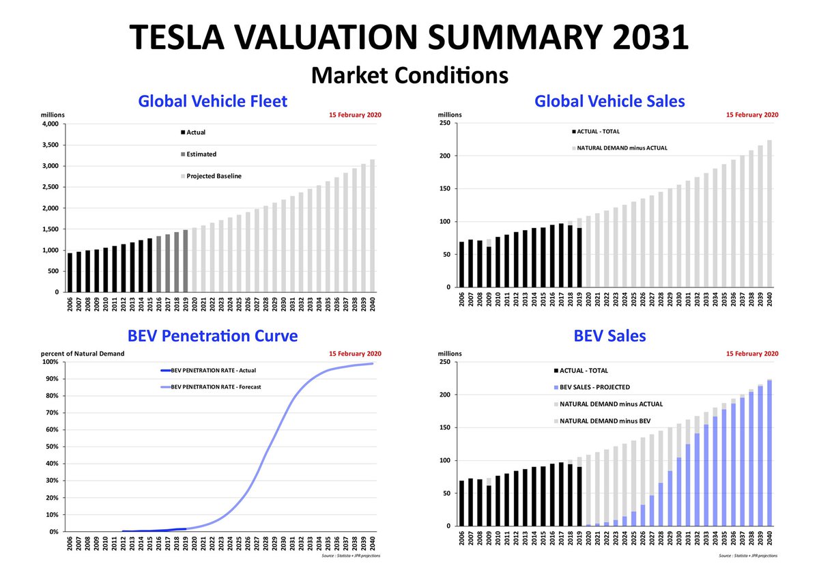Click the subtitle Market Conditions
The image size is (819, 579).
pos(409,74)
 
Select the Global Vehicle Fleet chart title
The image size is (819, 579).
pos(212,102)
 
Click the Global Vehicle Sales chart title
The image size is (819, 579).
pos(609,102)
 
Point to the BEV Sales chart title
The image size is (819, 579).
pos(609,336)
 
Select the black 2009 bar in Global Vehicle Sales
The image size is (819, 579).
pos(489,267)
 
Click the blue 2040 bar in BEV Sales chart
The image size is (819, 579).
pos(769,453)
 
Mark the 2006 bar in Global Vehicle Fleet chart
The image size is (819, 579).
pos(70,272)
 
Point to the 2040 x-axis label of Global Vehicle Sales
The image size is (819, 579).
pos(770,298)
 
